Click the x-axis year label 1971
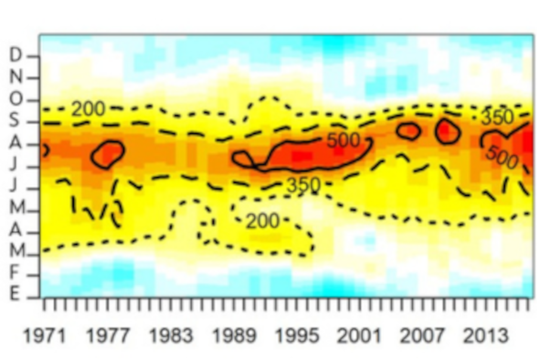44,336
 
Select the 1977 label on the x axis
107,336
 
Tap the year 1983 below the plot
171,336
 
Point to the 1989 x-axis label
234,336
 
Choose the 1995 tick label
297,336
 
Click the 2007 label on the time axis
422,336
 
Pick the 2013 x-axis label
486,336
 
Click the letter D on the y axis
16,55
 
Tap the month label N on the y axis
16,77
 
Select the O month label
16,99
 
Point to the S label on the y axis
16,121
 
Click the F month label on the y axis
16,275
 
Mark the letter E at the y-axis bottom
16,293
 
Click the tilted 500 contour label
501,156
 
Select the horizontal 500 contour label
343,141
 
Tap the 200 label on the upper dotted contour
88,109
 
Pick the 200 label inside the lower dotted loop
263,221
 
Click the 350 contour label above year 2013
497,118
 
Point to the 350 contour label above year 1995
303,186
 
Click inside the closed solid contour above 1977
108,154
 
